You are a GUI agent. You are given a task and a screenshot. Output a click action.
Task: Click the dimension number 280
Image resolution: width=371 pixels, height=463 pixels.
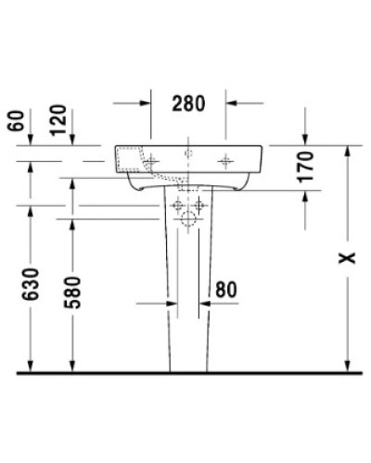pyautogui.click(x=188, y=104)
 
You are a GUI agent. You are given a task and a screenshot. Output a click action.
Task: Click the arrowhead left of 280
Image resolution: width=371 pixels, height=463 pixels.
pyautogui.click(x=147, y=104)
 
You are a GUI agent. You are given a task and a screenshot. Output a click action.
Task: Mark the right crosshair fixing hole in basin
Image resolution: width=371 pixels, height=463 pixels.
pyautogui.click(x=225, y=161)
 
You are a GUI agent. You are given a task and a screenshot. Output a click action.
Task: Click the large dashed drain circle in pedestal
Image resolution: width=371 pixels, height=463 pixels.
pyautogui.click(x=189, y=219)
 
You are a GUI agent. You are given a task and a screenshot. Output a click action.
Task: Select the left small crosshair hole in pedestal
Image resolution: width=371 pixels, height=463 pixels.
pyautogui.click(x=176, y=203)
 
